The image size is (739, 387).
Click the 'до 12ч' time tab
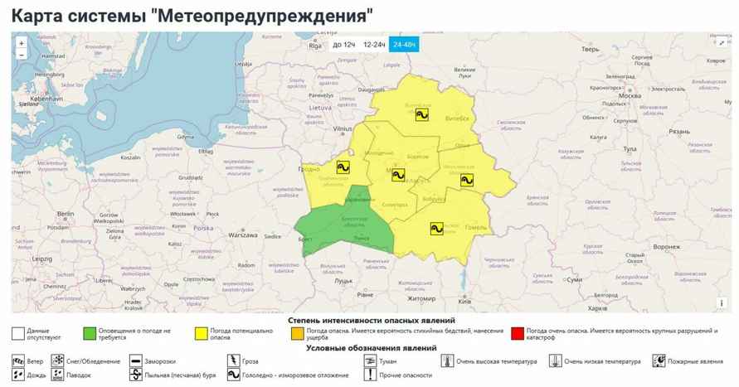click(344, 45)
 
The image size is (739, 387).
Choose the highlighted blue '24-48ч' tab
click(405, 45)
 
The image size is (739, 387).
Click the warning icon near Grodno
click(341, 167)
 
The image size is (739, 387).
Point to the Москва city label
click(631, 95)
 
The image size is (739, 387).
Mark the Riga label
click(314, 46)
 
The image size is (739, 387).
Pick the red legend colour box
click(518, 333)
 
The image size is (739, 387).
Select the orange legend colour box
click(296, 333)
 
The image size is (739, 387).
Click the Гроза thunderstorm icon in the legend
click(234, 361)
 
